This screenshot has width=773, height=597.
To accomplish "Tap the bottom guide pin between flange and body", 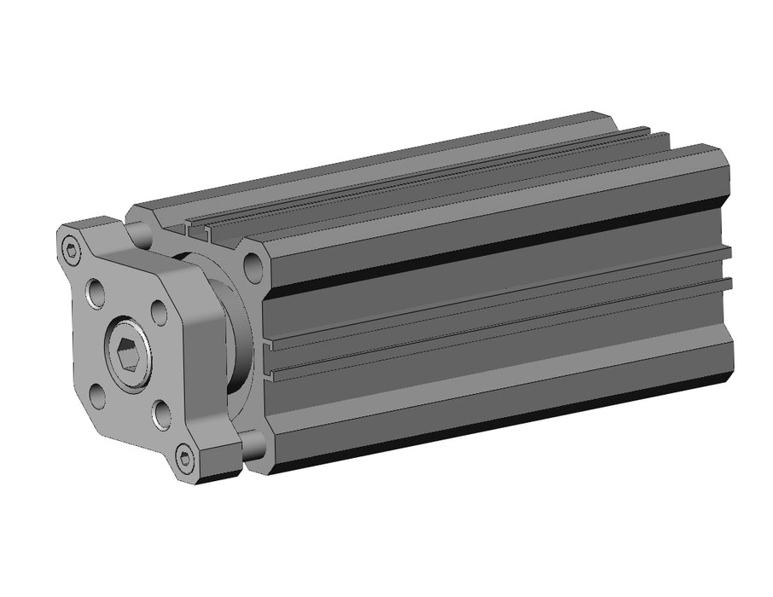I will [251, 443].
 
